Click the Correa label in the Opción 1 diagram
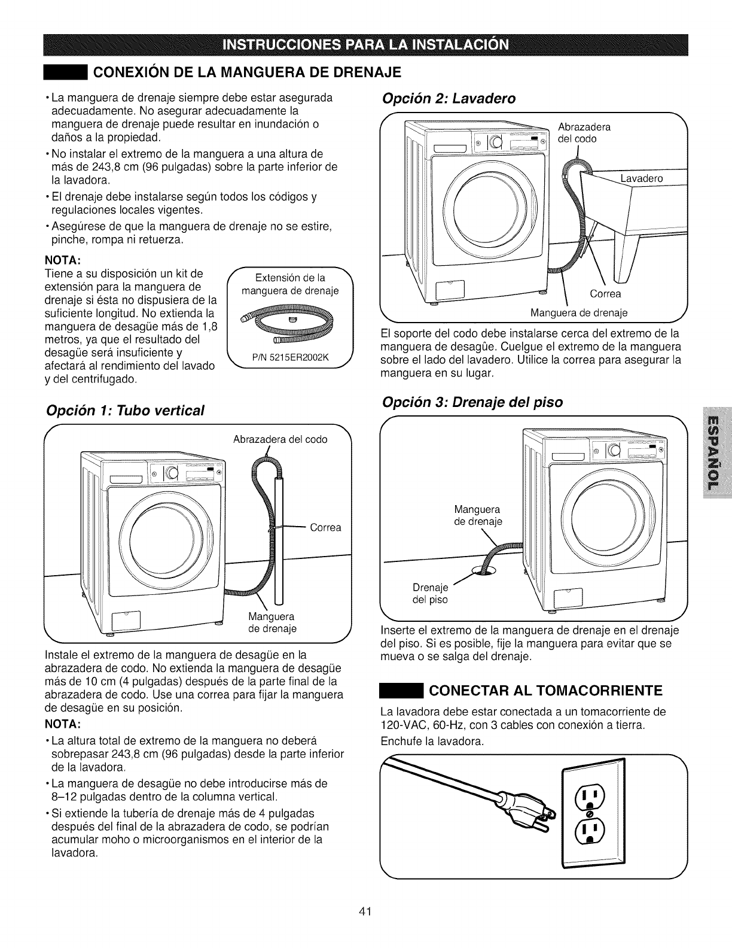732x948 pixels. pyautogui.click(x=326, y=527)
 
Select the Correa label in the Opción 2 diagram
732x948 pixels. pyautogui.click(x=605, y=293)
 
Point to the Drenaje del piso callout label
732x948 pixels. pyautogui.click(x=431, y=592)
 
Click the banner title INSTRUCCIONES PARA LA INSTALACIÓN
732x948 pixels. pyautogui.click(x=367, y=45)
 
